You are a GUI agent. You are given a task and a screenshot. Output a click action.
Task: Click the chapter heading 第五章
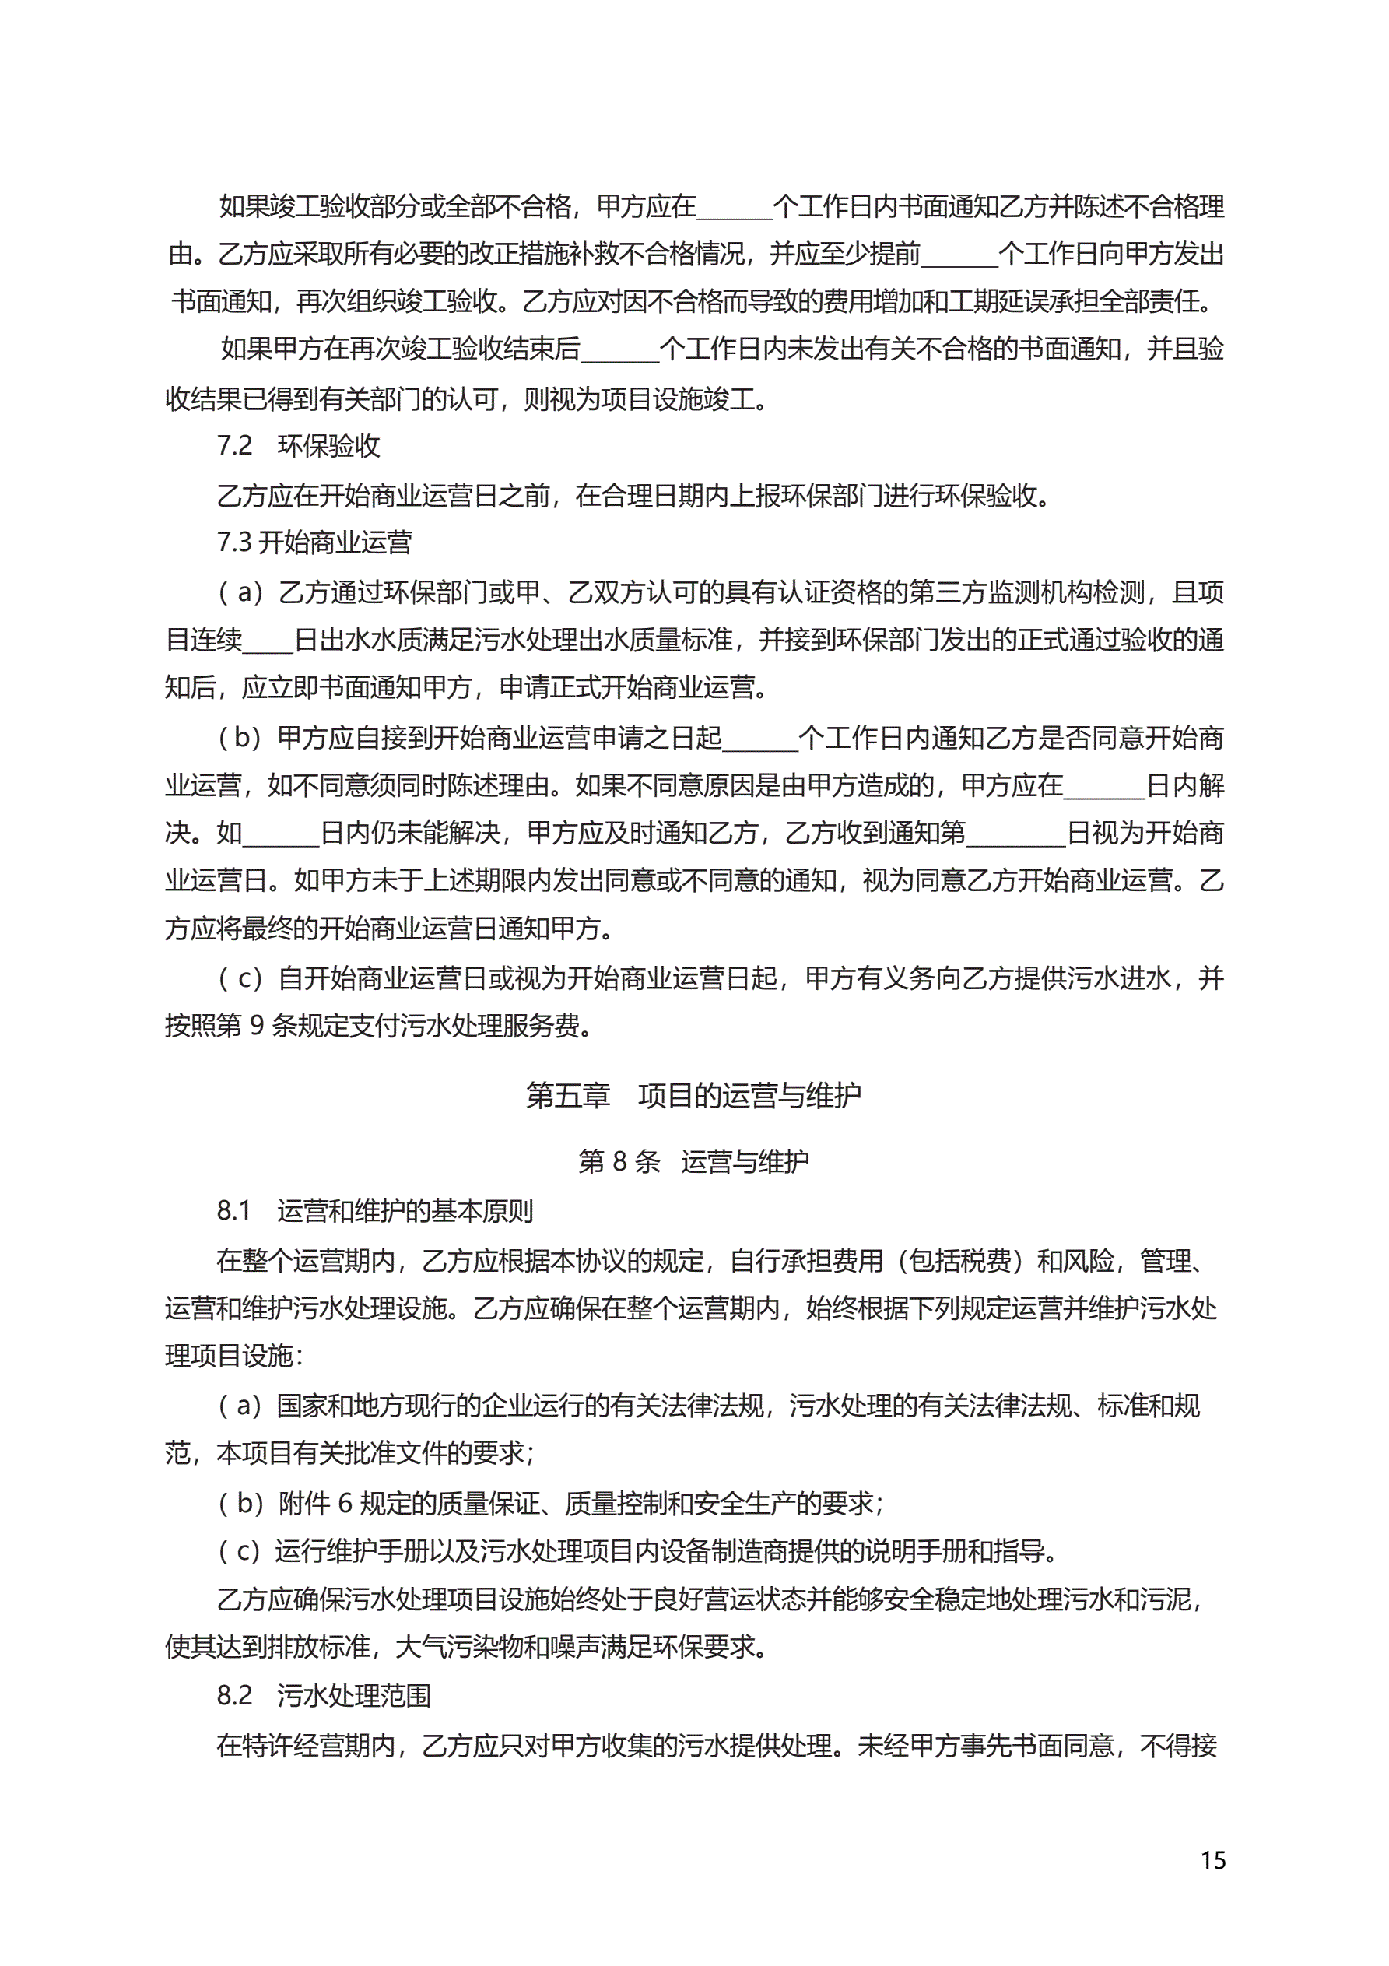[568, 1095]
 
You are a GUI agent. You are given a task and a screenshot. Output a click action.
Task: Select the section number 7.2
[233, 446]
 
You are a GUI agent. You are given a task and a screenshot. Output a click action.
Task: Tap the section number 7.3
[233, 542]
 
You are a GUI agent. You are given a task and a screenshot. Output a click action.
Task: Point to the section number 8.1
[233, 1211]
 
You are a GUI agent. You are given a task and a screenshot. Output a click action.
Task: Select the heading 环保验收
[329, 446]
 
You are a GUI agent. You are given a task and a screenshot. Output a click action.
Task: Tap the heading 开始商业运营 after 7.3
[335, 542]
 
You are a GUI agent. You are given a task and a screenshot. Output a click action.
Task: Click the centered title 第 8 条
[619, 1161]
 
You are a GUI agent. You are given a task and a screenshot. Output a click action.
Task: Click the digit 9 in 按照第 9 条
[256, 1026]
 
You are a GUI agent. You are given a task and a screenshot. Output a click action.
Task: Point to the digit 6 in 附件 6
[345, 1503]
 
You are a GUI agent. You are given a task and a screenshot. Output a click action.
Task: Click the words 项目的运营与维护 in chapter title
[749, 1095]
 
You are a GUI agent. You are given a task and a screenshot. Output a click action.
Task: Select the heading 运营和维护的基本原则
[405, 1211]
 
